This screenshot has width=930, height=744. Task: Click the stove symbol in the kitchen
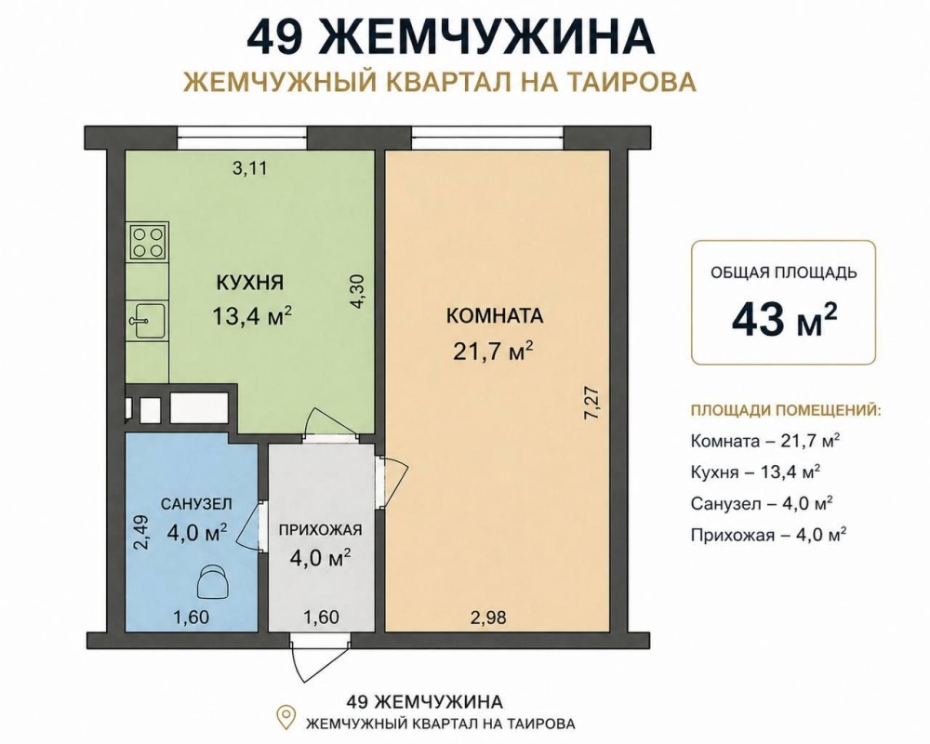pyautogui.click(x=148, y=242)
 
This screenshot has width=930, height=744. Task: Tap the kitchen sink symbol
pyautogui.click(x=147, y=321)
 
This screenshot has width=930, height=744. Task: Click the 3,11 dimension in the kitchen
pyautogui.click(x=249, y=168)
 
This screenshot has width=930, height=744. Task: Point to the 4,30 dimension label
pyautogui.click(x=360, y=291)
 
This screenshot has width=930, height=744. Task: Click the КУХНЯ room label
pyautogui.click(x=249, y=283)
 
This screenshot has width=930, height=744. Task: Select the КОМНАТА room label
pyautogui.click(x=495, y=315)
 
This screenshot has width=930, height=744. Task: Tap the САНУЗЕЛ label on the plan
pyautogui.click(x=197, y=504)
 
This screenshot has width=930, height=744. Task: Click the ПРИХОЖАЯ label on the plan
pyautogui.click(x=320, y=530)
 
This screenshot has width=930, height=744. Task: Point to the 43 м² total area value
pyautogui.click(x=784, y=319)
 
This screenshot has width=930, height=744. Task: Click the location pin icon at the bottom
pyautogui.click(x=287, y=717)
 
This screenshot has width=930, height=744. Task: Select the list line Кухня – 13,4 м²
pyautogui.click(x=755, y=472)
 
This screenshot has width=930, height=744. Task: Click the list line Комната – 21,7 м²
pyautogui.click(x=766, y=441)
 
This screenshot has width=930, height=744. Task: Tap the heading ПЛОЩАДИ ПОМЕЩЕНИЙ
pyautogui.click(x=786, y=410)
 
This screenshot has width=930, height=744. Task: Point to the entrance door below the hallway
pyautogui.click(x=319, y=656)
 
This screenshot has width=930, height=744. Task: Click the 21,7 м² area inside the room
pyautogui.click(x=494, y=351)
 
